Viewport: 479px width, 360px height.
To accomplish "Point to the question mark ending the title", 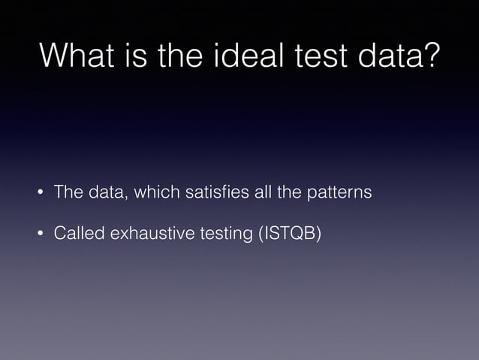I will coord(429,57).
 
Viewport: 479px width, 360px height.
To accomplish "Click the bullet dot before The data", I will coord(41,193).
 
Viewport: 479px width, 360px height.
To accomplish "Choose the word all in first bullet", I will coord(262,192).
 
